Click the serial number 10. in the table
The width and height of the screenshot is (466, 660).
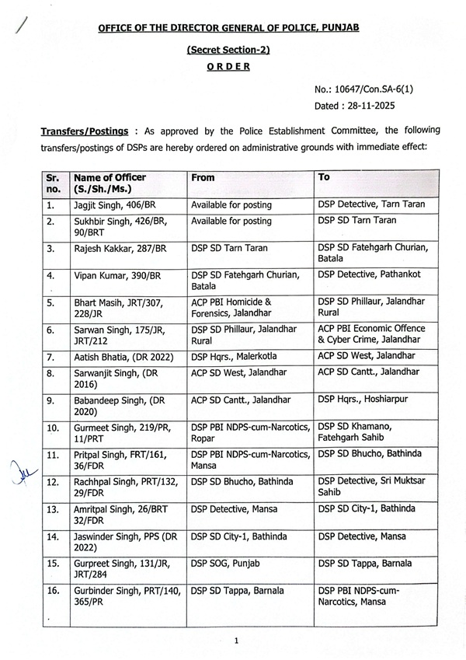coord(53,428)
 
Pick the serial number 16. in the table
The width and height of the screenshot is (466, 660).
coord(53,591)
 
